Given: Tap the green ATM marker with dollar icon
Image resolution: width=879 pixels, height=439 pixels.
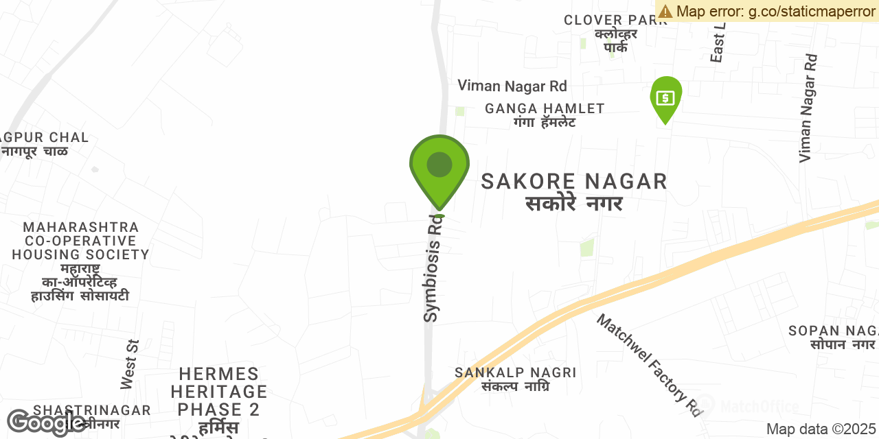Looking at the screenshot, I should [x=665, y=97].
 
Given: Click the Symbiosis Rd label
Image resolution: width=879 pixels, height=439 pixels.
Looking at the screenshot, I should [x=432, y=268].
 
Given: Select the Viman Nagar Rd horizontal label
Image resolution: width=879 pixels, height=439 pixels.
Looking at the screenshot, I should [x=512, y=86].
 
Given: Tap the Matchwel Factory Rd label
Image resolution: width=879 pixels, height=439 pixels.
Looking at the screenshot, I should [x=649, y=366].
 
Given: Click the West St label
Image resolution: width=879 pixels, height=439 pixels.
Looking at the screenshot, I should [x=130, y=364].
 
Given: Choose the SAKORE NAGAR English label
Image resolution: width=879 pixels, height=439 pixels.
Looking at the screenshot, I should [x=574, y=182].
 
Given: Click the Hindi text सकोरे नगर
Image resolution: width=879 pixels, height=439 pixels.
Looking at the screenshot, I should [x=574, y=204].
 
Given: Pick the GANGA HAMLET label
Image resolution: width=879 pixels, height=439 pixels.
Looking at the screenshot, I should [x=545, y=108].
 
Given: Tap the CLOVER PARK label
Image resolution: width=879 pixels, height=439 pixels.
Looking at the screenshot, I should [x=615, y=20].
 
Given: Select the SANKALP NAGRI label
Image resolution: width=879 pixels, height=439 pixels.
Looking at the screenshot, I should [x=515, y=372].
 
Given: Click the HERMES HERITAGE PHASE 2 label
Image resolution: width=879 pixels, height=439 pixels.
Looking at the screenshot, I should [x=219, y=392].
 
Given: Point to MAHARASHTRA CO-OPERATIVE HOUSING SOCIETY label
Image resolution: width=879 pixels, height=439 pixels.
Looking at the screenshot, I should [x=80, y=241].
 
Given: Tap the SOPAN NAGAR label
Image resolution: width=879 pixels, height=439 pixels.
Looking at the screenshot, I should [x=833, y=331].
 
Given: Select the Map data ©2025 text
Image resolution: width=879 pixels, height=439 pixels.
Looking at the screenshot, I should [x=821, y=429].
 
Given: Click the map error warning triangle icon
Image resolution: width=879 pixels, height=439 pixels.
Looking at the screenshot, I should [x=665, y=11].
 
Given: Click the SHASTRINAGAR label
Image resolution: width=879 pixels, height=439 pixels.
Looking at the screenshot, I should [x=92, y=410].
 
